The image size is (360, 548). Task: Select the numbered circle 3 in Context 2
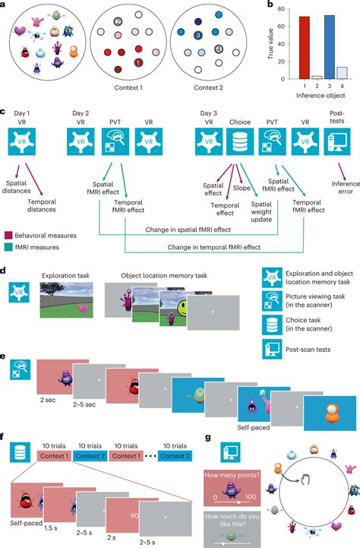(x=196, y=35)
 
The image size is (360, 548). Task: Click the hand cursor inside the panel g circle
(x=302, y=480)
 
